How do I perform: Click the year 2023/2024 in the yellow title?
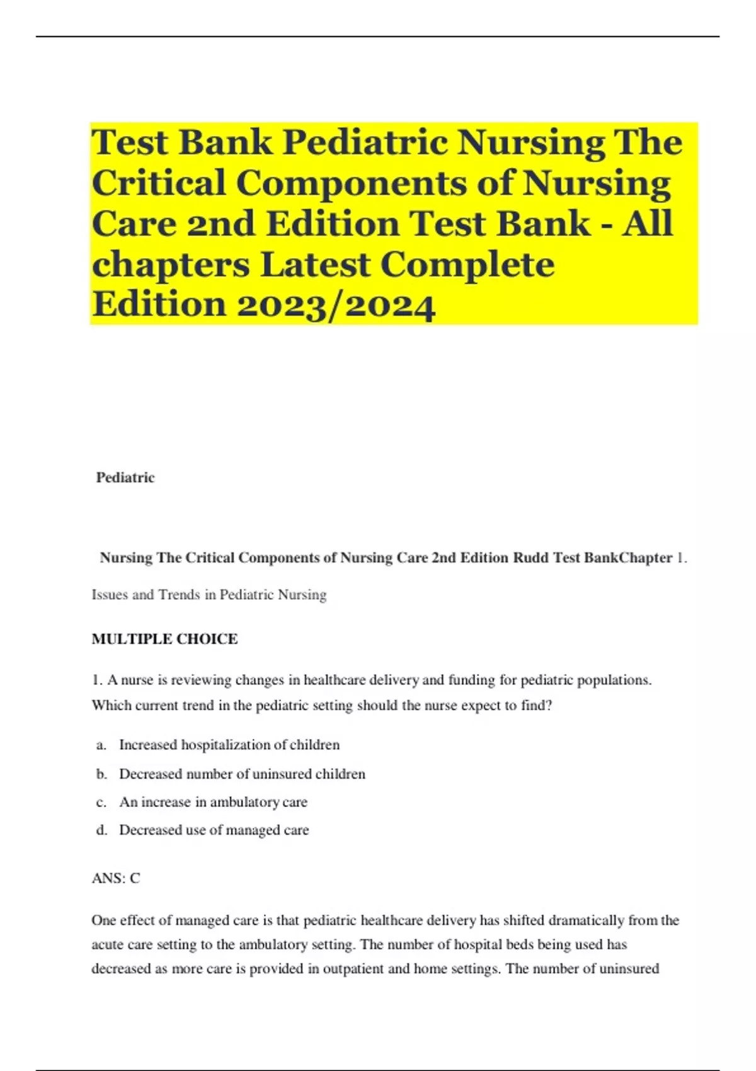[x=336, y=306]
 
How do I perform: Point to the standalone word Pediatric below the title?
[x=125, y=478]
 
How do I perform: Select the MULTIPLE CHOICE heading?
[x=164, y=639]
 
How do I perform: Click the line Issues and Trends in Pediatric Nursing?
[x=209, y=595]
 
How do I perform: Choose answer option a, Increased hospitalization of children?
[x=229, y=745]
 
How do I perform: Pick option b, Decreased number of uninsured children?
[x=242, y=774]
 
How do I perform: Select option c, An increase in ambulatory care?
[x=213, y=802]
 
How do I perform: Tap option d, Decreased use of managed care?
[x=214, y=830]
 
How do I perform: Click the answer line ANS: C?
[x=116, y=878]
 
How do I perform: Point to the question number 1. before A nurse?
[x=97, y=680]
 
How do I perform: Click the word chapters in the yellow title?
[x=171, y=265]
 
